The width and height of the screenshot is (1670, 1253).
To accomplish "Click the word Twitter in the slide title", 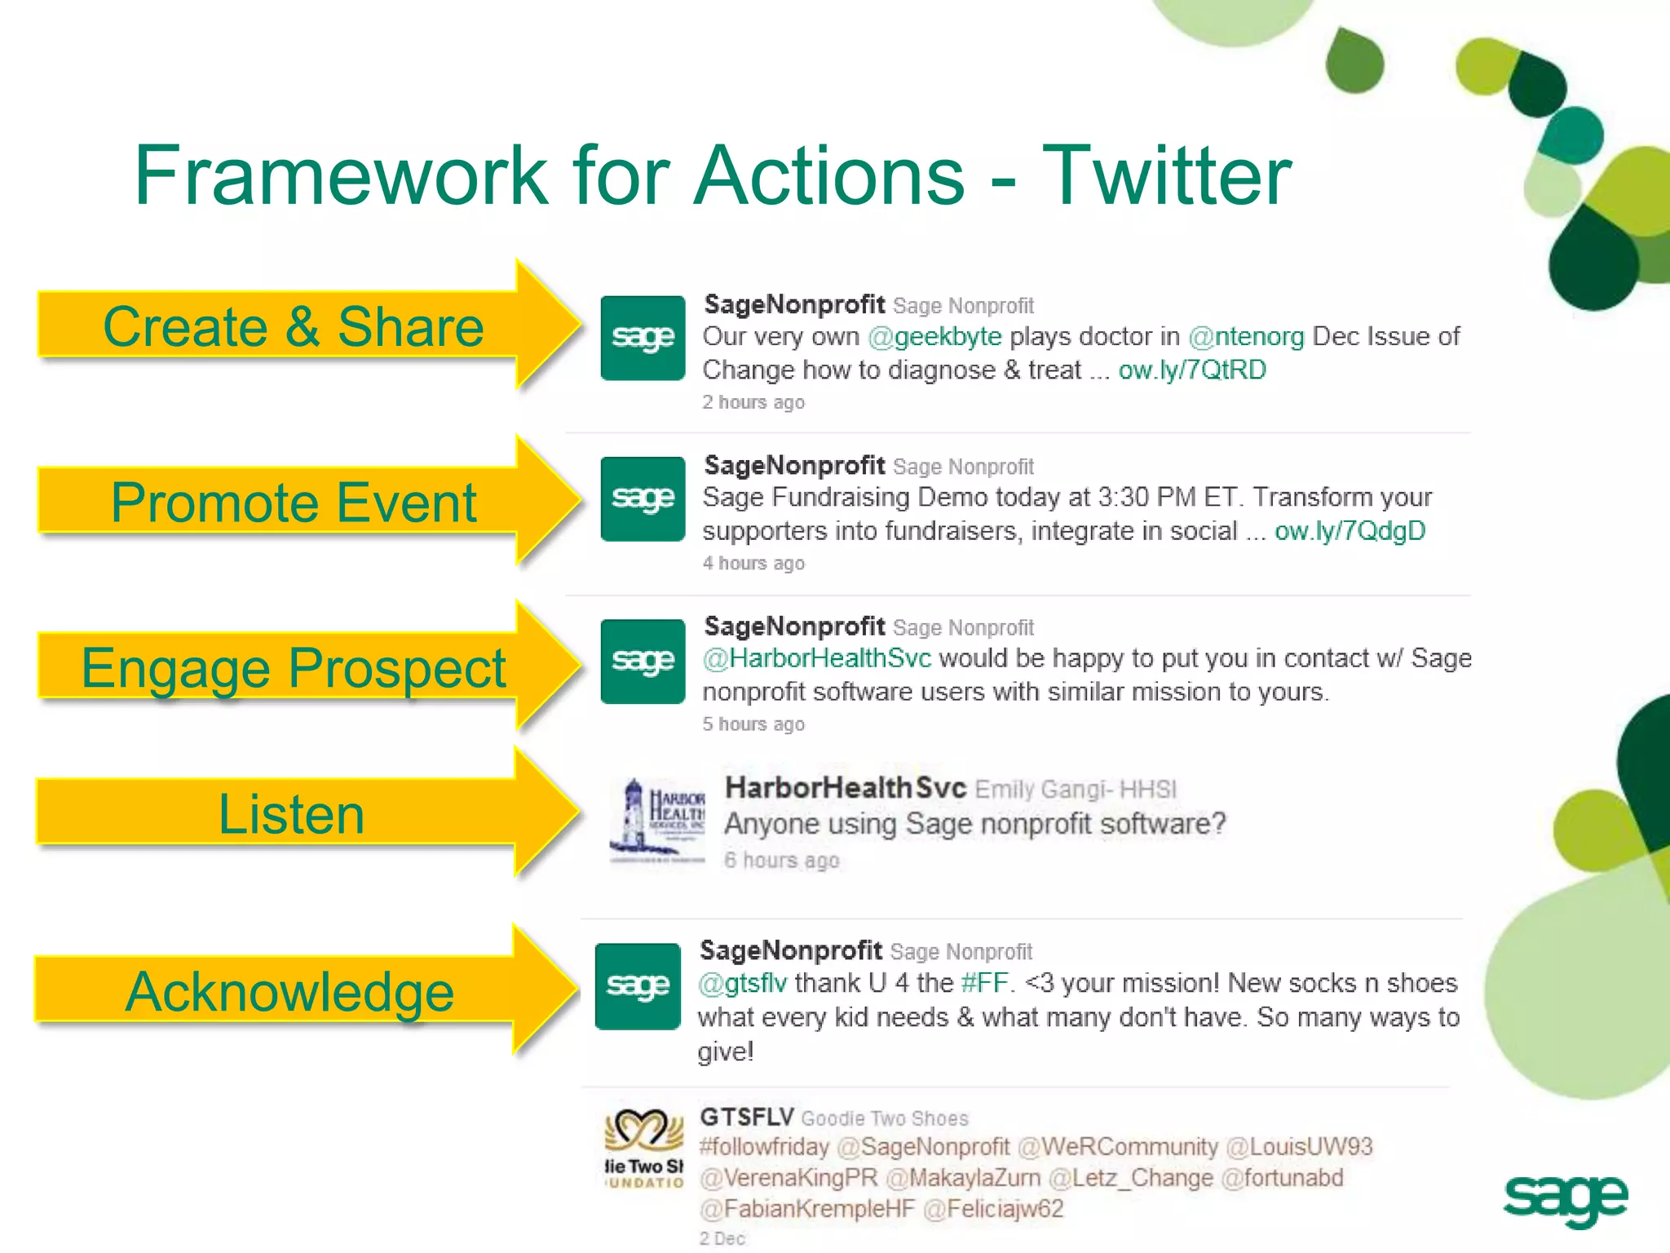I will tap(1166, 176).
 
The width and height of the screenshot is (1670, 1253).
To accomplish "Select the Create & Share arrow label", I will tap(293, 327).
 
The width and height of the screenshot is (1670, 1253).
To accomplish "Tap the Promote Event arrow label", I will tap(293, 503).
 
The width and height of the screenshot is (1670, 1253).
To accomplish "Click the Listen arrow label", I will tap(291, 814).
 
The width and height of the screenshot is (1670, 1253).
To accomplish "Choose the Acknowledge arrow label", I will tap(289, 992).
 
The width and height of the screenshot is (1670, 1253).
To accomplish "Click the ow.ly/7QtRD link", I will tap(1191, 370).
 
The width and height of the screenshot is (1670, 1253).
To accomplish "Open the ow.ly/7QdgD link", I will tap(1350, 531).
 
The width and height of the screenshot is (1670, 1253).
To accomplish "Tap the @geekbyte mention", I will tap(934, 337).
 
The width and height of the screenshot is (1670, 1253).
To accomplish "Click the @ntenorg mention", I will tap(1246, 337).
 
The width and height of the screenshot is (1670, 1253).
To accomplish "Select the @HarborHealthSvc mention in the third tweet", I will tap(816, 658).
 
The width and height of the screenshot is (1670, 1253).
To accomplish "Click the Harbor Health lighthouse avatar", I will tap(656, 821).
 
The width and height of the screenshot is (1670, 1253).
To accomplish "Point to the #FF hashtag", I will tap(985, 983).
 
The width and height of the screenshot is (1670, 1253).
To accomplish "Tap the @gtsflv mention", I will tap(742, 983).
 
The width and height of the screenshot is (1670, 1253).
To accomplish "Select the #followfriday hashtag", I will tap(763, 1147).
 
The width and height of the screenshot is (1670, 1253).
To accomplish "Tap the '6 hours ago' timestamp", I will tap(781, 861).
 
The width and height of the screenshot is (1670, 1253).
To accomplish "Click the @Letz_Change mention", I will tap(1130, 1178).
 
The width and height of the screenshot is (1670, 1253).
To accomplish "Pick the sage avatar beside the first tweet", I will tap(643, 338).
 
